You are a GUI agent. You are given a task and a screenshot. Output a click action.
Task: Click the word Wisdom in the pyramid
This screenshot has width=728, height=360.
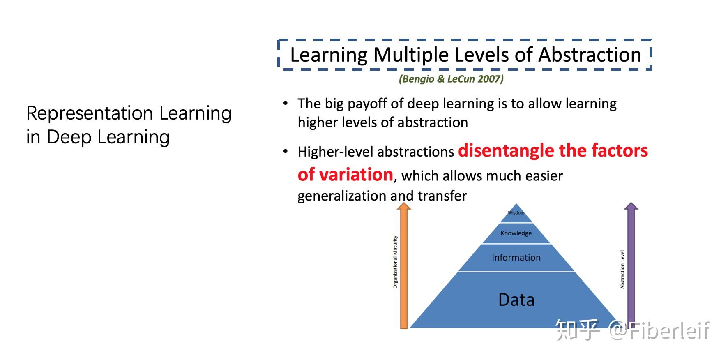[516, 213]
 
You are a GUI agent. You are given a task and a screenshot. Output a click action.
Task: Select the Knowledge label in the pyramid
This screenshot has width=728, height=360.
[516, 233]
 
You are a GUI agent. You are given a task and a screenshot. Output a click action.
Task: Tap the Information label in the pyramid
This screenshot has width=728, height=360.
[516, 258]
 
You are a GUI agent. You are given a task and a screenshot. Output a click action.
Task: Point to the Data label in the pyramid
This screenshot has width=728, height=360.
[516, 300]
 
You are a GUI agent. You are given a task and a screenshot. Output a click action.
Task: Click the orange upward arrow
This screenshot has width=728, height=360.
[404, 267]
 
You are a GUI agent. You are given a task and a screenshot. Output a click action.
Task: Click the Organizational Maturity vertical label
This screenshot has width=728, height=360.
[395, 262]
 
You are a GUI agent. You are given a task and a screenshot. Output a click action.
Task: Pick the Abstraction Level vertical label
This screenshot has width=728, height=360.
[622, 270]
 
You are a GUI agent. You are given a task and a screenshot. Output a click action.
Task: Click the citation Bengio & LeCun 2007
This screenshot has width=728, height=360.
[451, 79]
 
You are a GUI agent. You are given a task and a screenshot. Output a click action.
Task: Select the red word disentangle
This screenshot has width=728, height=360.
[506, 151]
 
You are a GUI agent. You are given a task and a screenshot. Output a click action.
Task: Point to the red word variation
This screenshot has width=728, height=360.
[356, 175]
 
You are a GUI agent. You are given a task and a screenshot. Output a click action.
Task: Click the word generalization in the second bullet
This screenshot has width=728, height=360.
[343, 196]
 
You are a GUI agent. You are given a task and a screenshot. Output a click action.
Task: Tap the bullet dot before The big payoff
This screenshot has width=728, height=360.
[286, 103]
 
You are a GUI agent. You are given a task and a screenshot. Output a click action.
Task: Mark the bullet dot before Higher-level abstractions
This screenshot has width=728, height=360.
[286, 152]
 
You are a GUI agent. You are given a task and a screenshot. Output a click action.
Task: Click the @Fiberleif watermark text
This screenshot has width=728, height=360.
[659, 330]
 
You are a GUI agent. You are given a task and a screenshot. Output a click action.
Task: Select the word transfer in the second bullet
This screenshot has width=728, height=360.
[442, 196]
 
